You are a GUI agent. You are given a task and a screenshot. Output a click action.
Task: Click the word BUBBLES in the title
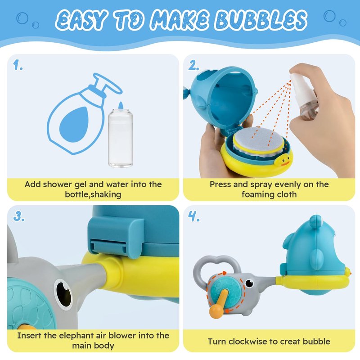[x=261, y=20]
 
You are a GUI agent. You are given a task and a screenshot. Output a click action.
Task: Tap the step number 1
[x=18, y=65]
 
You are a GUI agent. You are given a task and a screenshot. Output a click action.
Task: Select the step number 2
[x=193, y=65]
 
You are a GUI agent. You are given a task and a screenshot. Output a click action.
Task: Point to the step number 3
[x=18, y=216]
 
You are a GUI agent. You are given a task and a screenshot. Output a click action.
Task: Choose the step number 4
[x=194, y=216]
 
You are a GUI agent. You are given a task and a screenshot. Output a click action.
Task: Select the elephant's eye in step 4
[x=249, y=283]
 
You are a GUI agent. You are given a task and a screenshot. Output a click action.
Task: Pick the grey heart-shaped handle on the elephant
[x=216, y=270]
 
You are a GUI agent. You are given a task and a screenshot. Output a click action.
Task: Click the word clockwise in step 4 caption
[x=248, y=342]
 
